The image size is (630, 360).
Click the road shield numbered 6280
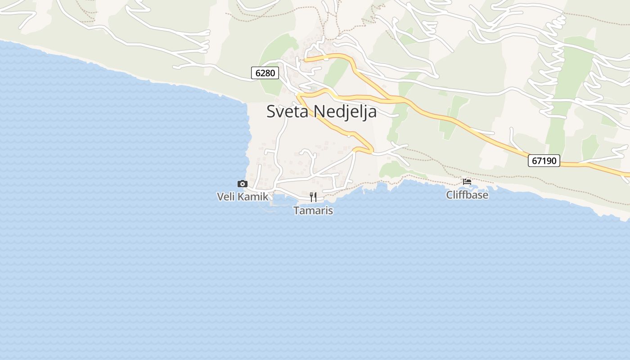click(265, 73)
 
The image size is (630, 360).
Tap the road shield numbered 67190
click(544, 161)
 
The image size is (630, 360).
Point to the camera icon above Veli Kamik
click(243, 184)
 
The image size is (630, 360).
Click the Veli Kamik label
click(243, 197)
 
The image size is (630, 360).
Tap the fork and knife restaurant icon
click(313, 197)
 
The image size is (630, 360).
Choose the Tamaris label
click(313, 210)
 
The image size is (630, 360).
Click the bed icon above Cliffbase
click(467, 182)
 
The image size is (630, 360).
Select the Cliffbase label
click(467, 195)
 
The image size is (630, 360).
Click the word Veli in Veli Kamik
click(226, 197)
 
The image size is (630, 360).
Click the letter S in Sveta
click(271, 111)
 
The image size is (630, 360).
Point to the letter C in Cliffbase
click(450, 195)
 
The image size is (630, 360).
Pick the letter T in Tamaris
click(297, 210)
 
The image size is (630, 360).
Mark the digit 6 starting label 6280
click(258, 73)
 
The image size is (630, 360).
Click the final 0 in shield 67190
click(553, 161)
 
